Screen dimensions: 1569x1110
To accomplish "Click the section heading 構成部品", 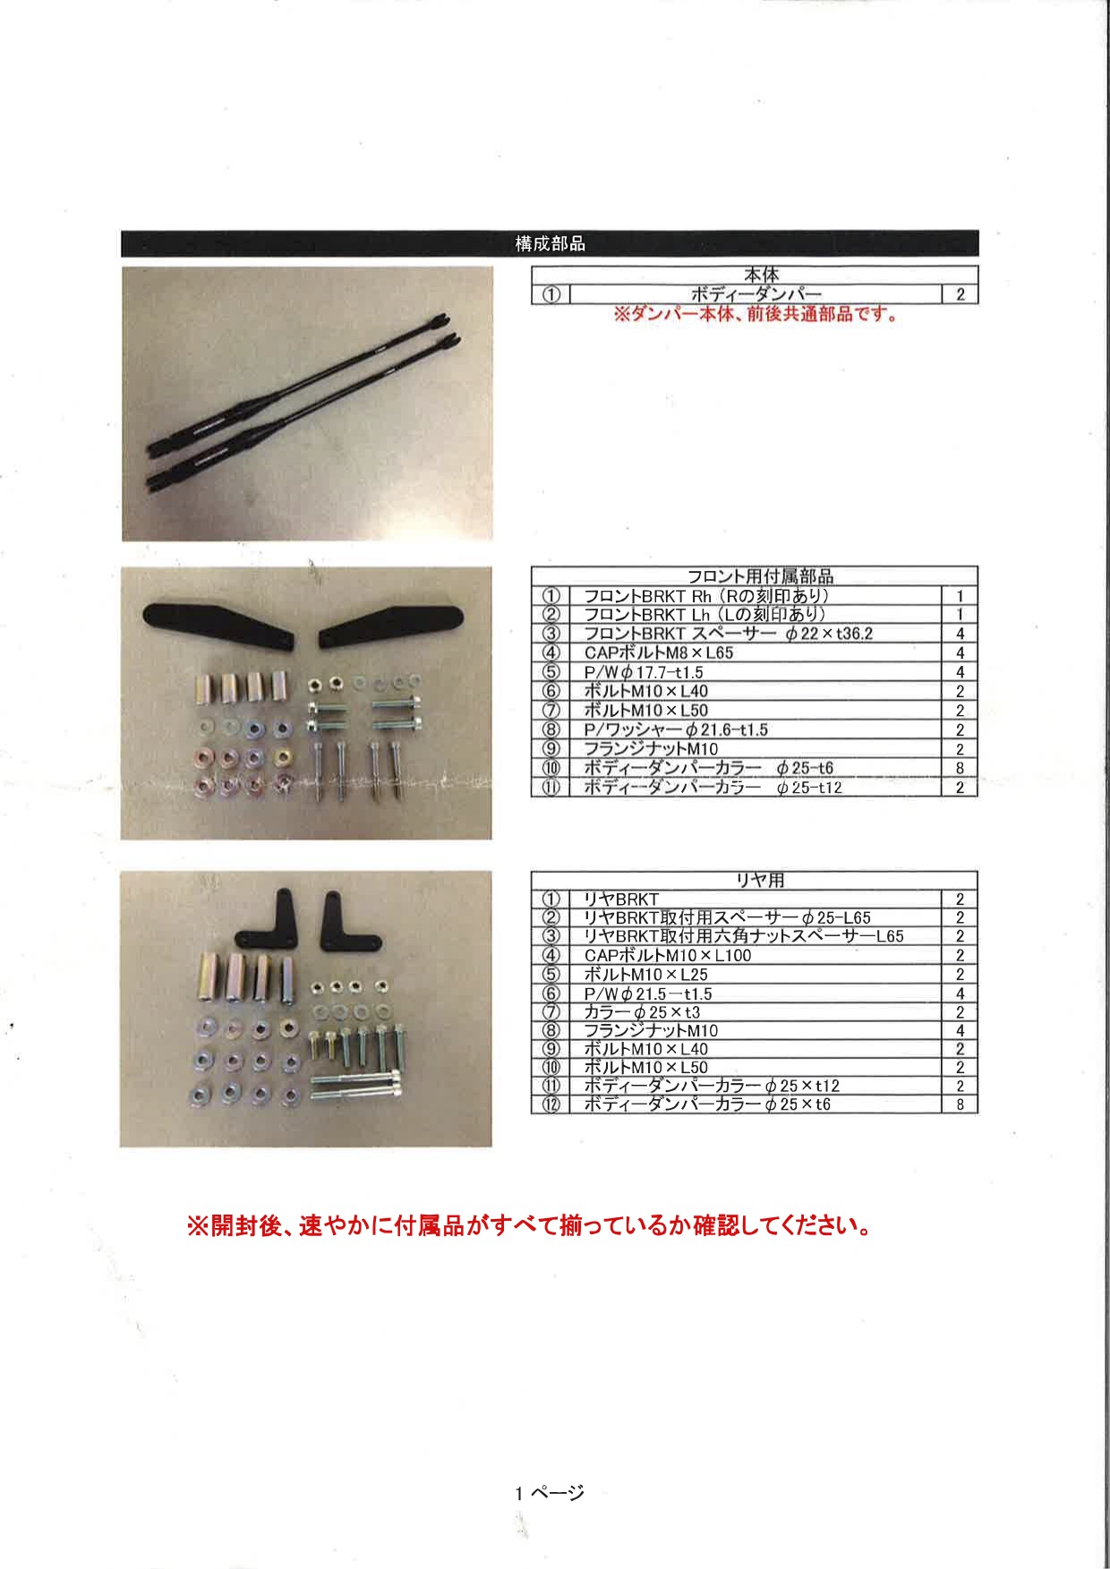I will click(550, 243).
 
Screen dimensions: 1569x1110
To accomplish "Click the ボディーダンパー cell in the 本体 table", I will click(756, 294).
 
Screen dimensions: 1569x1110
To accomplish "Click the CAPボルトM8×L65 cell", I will click(658, 653).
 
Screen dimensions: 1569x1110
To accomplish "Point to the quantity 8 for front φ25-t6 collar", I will click(960, 768).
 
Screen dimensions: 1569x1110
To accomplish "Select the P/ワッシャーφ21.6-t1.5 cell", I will click(675, 730).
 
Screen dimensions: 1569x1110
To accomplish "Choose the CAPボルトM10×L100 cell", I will click(667, 956).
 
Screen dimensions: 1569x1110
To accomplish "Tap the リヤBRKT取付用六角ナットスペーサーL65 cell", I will click(743, 936).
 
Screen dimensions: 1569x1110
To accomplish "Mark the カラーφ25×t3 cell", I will click(641, 1012).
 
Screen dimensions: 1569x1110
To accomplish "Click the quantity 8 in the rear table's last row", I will click(960, 1104).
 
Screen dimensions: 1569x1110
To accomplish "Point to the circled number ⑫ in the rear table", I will click(551, 1104).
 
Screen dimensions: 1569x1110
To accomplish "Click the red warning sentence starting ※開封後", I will click(529, 1226).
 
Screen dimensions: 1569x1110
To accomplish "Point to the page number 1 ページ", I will click(549, 1493).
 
